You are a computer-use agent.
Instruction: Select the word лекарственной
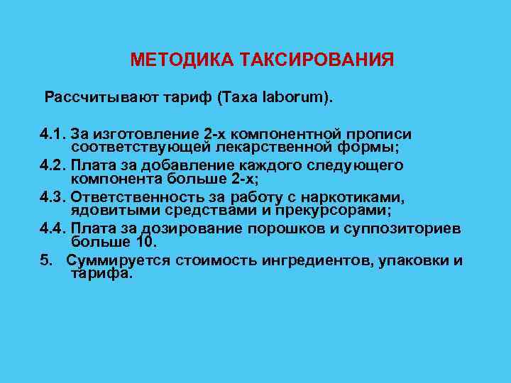(264, 147)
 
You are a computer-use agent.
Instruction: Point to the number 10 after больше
(144, 241)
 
